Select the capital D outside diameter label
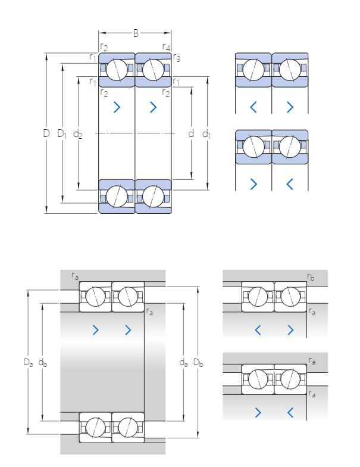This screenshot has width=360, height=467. pyautogui.click(x=46, y=133)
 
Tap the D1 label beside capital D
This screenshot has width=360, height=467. pyautogui.click(x=62, y=133)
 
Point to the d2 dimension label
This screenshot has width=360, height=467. pyautogui.click(x=78, y=134)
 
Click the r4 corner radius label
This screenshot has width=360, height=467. pyautogui.click(x=167, y=46)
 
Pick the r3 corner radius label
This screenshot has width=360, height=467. pyautogui.click(x=177, y=58)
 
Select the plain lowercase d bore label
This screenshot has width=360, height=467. pyautogui.click(x=191, y=133)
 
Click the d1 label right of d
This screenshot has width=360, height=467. pyautogui.click(x=206, y=133)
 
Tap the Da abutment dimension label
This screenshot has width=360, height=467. pyautogui.click(x=28, y=362)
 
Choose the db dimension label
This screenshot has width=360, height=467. pyautogui.click(x=43, y=362)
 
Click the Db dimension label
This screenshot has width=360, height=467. pyautogui.click(x=199, y=362)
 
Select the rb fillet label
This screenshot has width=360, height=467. pyautogui.click(x=311, y=277)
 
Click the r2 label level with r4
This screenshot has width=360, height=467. pyautogui.click(x=104, y=46)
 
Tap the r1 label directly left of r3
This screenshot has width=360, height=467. pyautogui.click(x=93, y=57)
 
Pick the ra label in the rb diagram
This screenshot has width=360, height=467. pyautogui.click(x=312, y=311)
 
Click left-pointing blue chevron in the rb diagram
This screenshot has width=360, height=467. pyautogui.click(x=258, y=329)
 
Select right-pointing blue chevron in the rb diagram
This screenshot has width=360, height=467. pyautogui.click(x=290, y=329)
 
